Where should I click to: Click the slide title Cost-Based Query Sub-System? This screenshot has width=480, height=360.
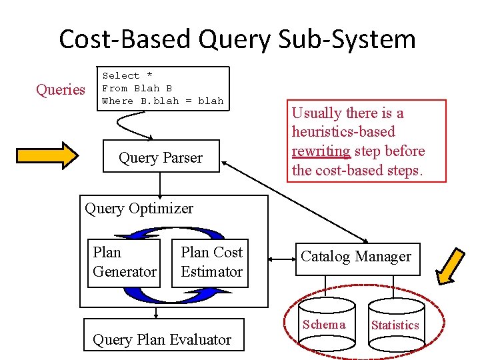(237, 39)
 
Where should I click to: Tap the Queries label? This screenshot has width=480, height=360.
(60, 89)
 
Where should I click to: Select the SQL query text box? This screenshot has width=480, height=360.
(163, 88)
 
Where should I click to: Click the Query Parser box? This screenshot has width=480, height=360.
(161, 157)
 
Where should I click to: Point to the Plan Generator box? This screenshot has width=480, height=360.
(125, 262)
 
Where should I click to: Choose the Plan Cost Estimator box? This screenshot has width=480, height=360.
(211, 262)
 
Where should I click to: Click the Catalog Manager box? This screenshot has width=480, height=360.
(356, 257)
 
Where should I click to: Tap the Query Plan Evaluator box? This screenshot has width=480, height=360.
(162, 339)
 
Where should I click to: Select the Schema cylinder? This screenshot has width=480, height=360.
(325, 325)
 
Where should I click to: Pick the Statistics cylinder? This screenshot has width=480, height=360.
(395, 326)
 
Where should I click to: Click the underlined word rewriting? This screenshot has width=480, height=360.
(321, 151)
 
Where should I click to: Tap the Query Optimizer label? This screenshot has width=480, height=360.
(139, 208)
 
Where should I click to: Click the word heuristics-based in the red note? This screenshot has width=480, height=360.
(343, 132)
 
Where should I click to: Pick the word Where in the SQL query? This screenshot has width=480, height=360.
(117, 101)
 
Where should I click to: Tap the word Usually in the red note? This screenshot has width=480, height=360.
(316, 113)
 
